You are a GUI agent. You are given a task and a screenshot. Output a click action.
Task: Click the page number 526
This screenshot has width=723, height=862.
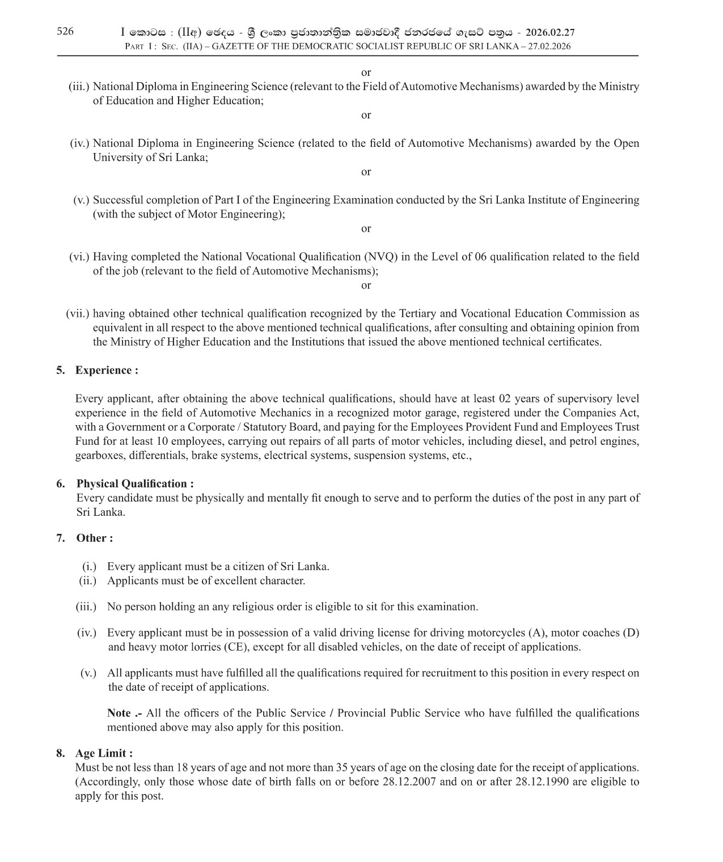[65, 31]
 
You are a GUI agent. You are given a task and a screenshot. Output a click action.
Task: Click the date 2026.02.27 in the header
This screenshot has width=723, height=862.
[550, 33]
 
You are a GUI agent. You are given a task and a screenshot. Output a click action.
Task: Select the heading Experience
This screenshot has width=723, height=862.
[107, 370]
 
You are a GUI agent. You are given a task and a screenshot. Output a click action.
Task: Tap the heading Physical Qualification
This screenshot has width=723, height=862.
[135, 483]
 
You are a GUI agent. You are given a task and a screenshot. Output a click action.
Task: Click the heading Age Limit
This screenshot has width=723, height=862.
[104, 753]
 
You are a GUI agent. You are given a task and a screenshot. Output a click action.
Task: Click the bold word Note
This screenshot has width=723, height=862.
[119, 713]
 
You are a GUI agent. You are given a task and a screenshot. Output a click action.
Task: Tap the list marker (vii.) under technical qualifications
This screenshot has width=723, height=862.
[78, 313]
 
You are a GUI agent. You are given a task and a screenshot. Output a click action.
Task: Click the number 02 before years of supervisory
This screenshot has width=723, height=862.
[505, 398]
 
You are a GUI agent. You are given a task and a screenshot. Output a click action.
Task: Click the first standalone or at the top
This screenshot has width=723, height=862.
[366, 73]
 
